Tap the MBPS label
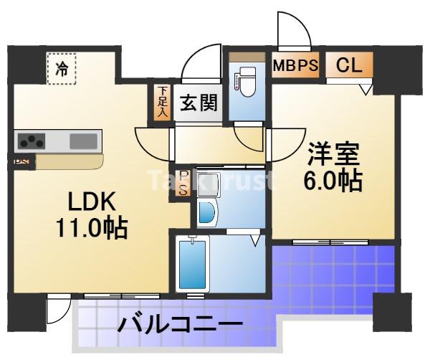(295, 65)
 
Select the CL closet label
(349, 65)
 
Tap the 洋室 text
(333, 153)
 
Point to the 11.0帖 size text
(92, 229)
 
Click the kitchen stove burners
(31, 141)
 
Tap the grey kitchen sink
(82, 141)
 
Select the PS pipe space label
(183, 183)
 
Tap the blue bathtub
(192, 263)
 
